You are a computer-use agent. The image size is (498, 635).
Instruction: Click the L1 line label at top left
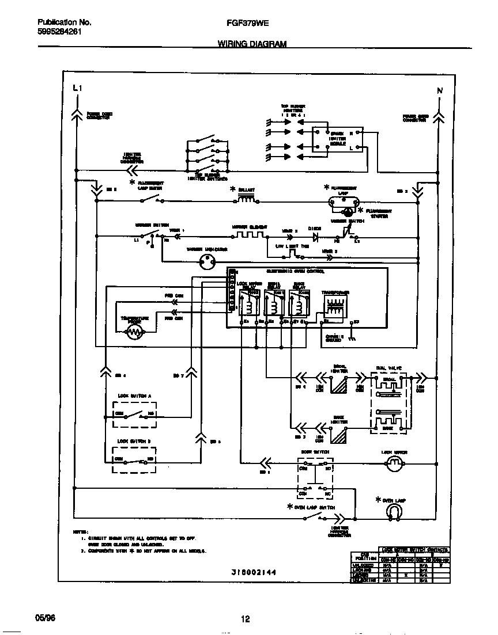[78, 89]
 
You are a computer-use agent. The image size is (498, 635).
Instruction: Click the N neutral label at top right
[439, 90]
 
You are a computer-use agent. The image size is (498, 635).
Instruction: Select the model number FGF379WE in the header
[245, 23]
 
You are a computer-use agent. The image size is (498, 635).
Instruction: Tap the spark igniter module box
[337, 139]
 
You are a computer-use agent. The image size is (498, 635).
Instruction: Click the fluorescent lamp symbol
[344, 201]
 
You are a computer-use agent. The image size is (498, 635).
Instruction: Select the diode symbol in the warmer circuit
[315, 236]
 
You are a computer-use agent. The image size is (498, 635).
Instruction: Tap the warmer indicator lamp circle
[206, 263]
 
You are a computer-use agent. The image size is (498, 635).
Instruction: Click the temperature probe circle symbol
[135, 332]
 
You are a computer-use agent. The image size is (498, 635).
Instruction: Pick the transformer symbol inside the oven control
[334, 305]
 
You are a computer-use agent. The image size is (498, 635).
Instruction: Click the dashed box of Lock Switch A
[134, 415]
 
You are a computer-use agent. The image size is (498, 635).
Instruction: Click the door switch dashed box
[315, 477]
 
